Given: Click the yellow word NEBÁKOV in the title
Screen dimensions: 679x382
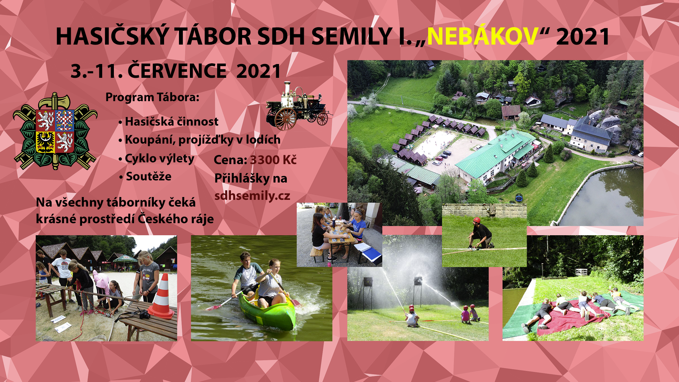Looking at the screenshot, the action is (482, 36).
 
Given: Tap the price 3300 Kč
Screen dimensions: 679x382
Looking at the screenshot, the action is (273, 160).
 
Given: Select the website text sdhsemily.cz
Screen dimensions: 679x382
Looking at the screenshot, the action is (252, 196).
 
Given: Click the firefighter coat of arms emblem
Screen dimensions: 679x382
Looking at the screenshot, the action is (55, 131).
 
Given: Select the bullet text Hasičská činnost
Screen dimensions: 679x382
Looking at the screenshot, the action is (172, 122).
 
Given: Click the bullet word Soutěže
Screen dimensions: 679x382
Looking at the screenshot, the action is (149, 176).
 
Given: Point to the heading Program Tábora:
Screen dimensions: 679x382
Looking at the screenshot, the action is (152, 97).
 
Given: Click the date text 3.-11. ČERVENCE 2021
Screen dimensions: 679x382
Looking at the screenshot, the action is (176, 71).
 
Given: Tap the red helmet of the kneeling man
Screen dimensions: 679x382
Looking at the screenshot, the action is (477, 220).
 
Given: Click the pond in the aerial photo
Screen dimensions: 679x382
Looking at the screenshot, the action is (605, 198).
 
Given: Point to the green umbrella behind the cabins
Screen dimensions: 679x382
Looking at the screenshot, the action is (125, 259).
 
